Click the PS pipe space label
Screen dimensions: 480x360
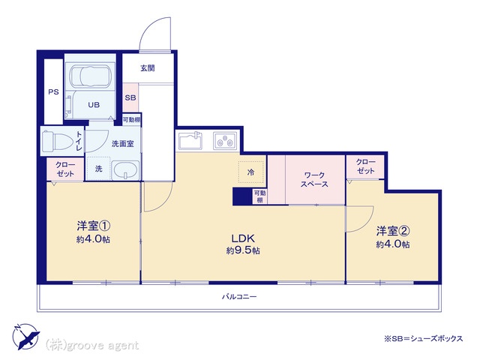[x=53, y=91]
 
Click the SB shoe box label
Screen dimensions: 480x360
[x=130, y=97]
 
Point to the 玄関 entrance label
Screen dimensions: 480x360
[x=148, y=68]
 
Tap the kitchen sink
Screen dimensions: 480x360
[x=190, y=141]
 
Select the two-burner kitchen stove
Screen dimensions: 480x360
[x=225, y=141]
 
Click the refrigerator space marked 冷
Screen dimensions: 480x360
[x=250, y=172]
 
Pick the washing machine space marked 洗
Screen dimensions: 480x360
[x=98, y=169]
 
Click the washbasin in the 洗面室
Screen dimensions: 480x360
[x=125, y=170]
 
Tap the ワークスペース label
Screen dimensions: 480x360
[x=314, y=180]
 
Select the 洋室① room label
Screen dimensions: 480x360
[x=93, y=226]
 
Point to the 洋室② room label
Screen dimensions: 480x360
[x=393, y=231]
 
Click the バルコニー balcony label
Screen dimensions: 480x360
[x=239, y=296]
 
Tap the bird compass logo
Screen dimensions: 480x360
[x=26, y=336]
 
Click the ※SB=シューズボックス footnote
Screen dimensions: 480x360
[x=424, y=338]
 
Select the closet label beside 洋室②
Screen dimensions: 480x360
[x=365, y=166]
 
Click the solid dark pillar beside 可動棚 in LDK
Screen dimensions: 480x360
[x=242, y=196]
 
